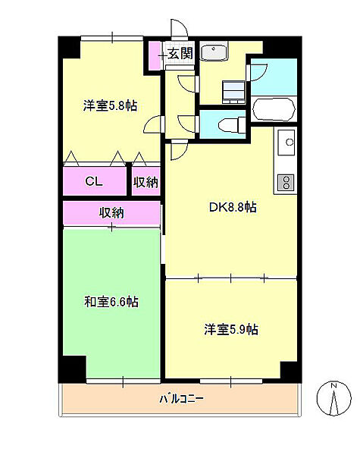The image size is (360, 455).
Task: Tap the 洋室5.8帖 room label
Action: (110, 106)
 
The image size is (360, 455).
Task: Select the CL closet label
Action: (94, 181)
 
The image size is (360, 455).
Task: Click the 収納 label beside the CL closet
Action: (146, 181)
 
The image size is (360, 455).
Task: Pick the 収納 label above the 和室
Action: (111, 212)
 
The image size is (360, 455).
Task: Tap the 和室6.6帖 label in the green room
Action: (111, 302)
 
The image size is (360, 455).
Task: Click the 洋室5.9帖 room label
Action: (230, 329)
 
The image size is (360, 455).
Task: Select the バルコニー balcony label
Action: (181, 398)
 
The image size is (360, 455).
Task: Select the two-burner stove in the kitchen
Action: (287, 182)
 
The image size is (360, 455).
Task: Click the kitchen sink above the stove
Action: (287, 141)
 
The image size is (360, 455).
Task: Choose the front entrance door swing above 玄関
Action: (179, 29)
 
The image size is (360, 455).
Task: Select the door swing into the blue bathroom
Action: (258, 73)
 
